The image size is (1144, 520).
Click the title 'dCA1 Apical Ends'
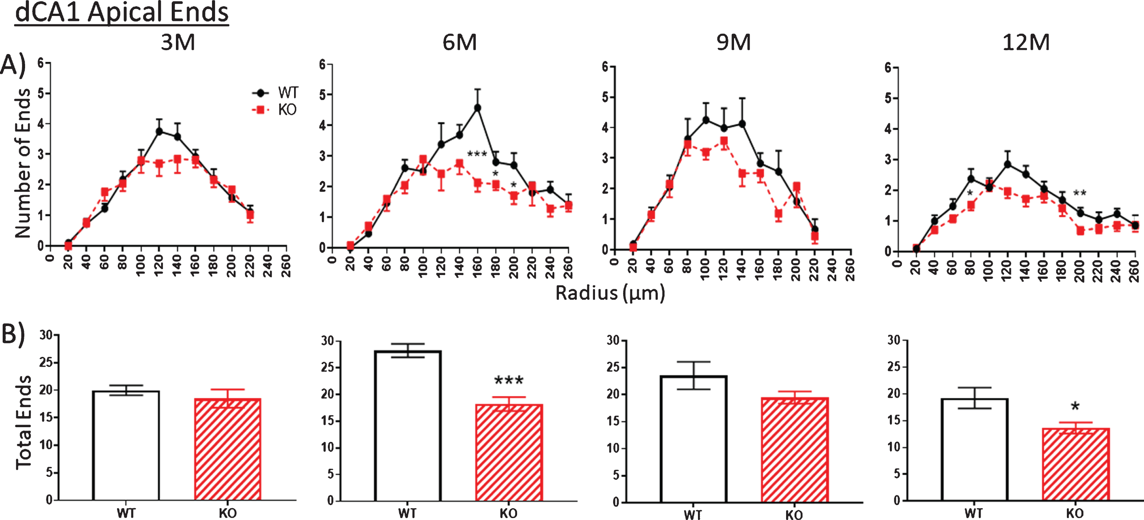coord(122,13)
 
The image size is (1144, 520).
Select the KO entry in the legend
coord(274,109)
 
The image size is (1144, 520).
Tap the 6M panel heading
coord(460,43)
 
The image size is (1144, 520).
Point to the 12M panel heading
coord(1026,43)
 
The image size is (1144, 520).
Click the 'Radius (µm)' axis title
coord(610,293)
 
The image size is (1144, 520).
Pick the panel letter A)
coord(13,65)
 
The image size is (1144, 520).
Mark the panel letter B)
coord(13,333)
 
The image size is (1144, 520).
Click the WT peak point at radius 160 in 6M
coord(478,108)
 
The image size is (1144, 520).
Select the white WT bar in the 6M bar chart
coord(408,426)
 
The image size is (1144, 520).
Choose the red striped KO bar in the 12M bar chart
coord(1076,464)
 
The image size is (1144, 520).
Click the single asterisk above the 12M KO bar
coord(1075,406)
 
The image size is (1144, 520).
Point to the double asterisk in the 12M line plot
coord(1080,193)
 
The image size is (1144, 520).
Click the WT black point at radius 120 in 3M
coord(159,131)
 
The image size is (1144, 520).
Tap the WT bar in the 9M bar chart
coord(693,439)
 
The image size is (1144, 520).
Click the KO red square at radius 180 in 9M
coord(778,214)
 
